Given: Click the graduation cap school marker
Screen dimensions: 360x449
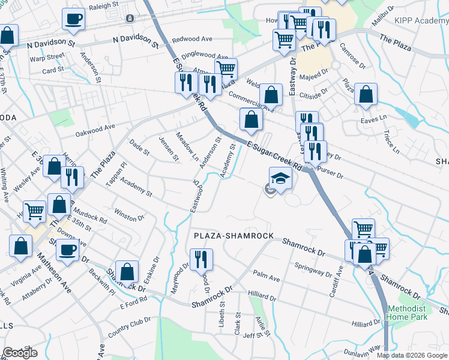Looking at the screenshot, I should tap(280, 178).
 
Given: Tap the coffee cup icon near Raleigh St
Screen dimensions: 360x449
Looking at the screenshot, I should tap(73, 19).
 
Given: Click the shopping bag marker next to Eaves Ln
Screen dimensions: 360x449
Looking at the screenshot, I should tap(366, 95).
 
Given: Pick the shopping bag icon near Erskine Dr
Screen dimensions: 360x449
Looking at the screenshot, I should tap(127, 271).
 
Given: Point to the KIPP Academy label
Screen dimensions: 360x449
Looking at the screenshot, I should tap(422, 20).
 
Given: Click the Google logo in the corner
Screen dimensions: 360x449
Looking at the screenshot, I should tap(20, 352).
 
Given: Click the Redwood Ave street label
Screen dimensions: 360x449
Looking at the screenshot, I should tap(192, 39).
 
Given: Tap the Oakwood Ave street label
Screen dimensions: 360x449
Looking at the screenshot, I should tap(95, 128).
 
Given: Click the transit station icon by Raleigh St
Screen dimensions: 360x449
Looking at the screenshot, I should tap(129, 19).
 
